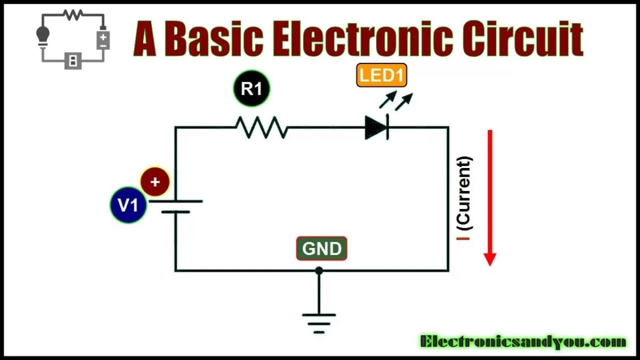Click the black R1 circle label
click(x=252, y=89)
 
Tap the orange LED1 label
click(x=381, y=76)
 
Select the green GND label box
click(x=322, y=249)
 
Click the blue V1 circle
click(x=128, y=205)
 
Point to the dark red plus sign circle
click(x=155, y=182)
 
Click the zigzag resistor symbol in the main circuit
click(x=261, y=127)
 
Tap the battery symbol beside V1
click(x=175, y=206)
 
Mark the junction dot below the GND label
click(x=319, y=271)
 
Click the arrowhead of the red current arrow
click(x=490, y=259)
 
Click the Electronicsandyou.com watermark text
click(x=523, y=342)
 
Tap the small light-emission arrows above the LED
click(x=396, y=100)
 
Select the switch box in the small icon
click(x=73, y=61)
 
